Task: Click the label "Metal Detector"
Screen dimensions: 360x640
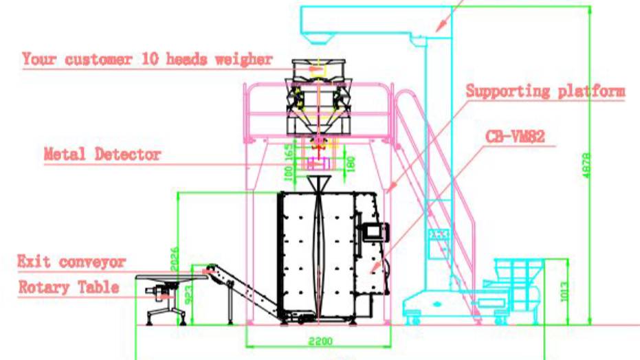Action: [x=102, y=154]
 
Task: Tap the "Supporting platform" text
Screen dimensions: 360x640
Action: [x=545, y=91]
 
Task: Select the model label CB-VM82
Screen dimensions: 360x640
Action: [x=515, y=137]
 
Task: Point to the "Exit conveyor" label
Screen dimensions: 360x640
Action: [x=71, y=262]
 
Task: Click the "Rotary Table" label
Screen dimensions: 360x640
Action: [x=69, y=286]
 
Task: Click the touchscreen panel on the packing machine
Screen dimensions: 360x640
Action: [x=375, y=231]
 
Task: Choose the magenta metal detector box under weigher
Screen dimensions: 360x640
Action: [x=317, y=164]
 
